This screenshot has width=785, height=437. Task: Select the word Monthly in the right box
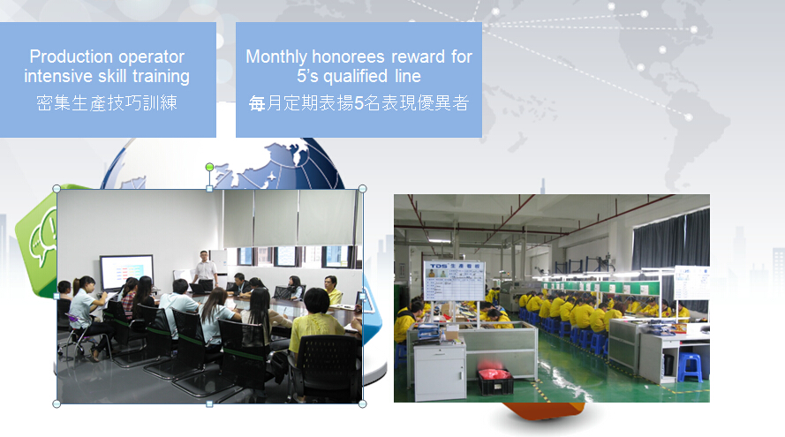point(276,57)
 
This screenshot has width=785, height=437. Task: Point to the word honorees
point(350,57)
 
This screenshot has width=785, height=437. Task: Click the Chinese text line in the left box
point(107,103)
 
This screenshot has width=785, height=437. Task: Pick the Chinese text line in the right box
point(359,103)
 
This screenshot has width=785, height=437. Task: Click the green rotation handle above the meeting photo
point(210,167)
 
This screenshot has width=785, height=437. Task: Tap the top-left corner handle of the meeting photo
point(57,189)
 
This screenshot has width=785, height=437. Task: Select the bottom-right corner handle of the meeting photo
point(362,403)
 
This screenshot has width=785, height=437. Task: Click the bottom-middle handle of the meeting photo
point(209,403)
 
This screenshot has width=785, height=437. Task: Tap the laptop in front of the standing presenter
point(203,286)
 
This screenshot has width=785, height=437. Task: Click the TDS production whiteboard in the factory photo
point(454,281)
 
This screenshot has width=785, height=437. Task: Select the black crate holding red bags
point(495,381)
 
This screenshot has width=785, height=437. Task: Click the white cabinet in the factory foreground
point(441,369)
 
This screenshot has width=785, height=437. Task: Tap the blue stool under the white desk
point(690,367)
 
